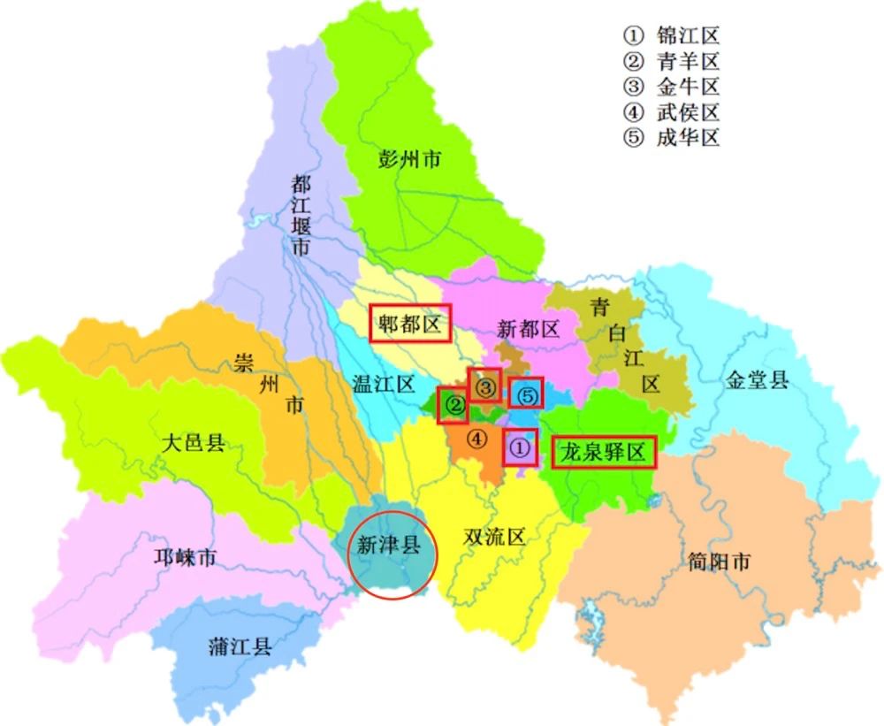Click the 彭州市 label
(409, 160)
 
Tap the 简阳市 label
(719, 562)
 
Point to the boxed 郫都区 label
(409, 325)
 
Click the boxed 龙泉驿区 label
(606, 453)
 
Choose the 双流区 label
(494, 537)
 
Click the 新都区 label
(528, 330)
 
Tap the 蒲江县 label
(240, 646)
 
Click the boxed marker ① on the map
(520, 448)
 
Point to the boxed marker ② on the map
(453, 406)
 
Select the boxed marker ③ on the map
(484, 386)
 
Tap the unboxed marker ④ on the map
(476, 438)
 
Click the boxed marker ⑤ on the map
(527, 394)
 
